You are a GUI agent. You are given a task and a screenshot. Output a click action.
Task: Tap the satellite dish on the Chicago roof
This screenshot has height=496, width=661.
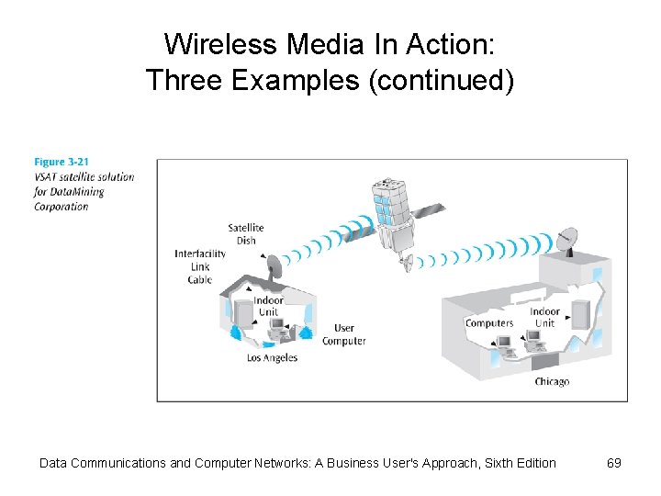568,241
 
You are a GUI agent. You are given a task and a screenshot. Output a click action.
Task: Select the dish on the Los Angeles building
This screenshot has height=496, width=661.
273,266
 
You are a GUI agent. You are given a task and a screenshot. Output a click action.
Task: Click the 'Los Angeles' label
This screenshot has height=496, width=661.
273,358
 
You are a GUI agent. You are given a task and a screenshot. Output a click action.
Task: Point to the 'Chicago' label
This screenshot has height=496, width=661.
552,381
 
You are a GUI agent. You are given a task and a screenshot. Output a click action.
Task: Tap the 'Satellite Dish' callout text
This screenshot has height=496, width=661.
246,234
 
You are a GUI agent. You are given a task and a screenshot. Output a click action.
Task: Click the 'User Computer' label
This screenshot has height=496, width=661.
344,334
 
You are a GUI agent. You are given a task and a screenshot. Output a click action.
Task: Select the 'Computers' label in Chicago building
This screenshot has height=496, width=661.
489,323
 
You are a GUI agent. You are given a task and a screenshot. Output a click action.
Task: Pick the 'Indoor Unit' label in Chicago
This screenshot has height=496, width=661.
544,317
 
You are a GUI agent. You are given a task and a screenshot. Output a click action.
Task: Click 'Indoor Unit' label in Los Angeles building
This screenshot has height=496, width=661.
268,306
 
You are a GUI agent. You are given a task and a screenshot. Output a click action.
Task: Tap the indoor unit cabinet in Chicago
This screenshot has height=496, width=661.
580,314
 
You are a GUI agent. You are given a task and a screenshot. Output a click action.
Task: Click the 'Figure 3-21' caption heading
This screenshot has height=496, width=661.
62,163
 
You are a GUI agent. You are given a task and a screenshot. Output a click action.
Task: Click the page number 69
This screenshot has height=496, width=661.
614,463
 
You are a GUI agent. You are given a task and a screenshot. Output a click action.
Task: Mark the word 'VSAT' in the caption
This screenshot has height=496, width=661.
47,177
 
